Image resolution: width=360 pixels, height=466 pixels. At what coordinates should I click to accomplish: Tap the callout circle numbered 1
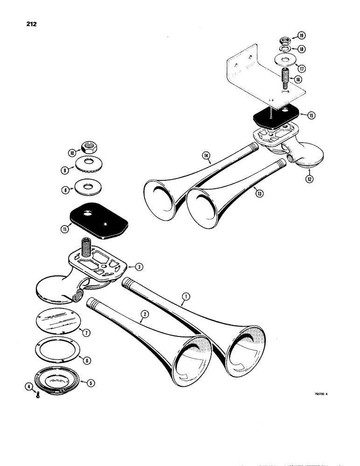(186, 296)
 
